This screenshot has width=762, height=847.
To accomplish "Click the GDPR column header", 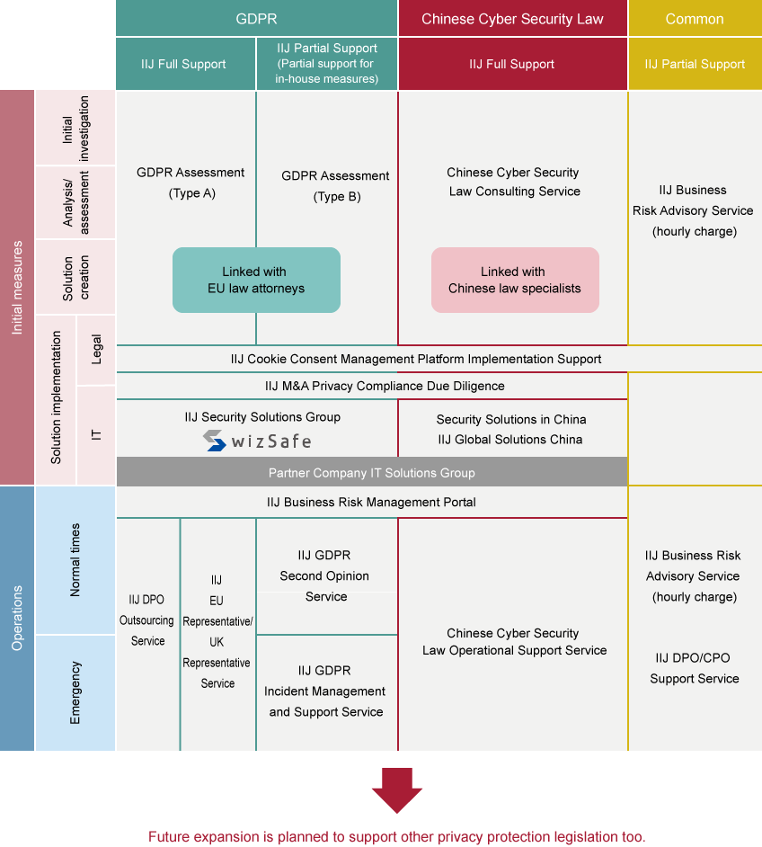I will pyautogui.click(x=256, y=19).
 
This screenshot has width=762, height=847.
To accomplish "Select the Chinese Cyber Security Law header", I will pyautogui.click(x=512, y=19).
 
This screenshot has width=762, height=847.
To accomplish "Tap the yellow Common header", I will pyautogui.click(x=695, y=19).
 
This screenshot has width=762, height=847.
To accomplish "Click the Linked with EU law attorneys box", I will pyautogui.click(x=256, y=280).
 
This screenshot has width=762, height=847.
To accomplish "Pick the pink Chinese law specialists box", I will pyautogui.click(x=515, y=280).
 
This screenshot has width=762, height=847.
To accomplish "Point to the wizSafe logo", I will pyautogui.click(x=257, y=441).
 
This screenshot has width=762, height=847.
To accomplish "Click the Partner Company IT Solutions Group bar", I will pyautogui.click(x=371, y=472).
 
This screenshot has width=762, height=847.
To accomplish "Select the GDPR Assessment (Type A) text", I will pyautogui.click(x=190, y=183).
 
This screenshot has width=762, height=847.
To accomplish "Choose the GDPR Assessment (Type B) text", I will pyautogui.click(x=335, y=186).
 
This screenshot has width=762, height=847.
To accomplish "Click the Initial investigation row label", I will pyautogui.click(x=75, y=129).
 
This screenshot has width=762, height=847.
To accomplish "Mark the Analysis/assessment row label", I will pyautogui.click(x=75, y=202).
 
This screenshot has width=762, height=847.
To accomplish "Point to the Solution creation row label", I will pyautogui.click(x=75, y=277).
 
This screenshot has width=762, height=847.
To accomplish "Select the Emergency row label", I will pyautogui.click(x=75, y=692).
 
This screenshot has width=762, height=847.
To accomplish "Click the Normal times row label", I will pyautogui.click(x=75, y=560).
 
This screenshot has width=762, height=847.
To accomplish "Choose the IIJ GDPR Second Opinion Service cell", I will pyautogui.click(x=326, y=575).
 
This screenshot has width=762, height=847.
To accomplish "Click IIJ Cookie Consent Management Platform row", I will pyautogui.click(x=416, y=359).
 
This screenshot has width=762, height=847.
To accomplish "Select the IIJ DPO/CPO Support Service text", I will pyautogui.click(x=695, y=668).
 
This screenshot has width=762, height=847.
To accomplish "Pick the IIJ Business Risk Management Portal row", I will pyautogui.click(x=371, y=502).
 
